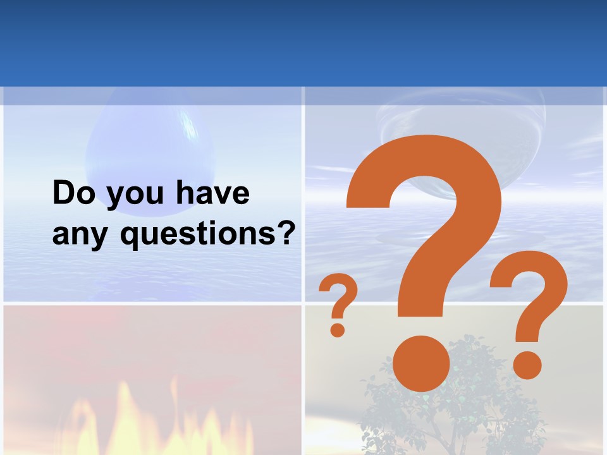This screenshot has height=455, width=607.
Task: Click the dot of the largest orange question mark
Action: pos(421,363)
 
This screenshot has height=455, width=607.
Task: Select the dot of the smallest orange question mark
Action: pos(338,329)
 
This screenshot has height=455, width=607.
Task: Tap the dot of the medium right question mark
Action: pos(527,364)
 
